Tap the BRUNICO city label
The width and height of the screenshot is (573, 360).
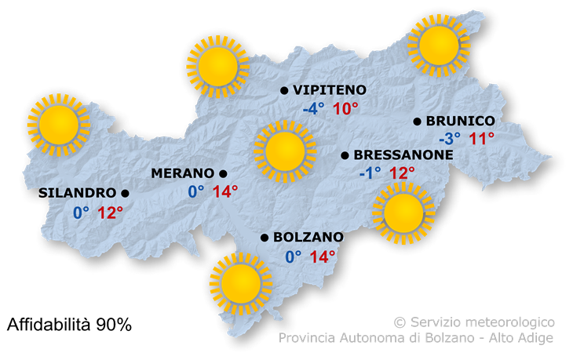(x=461, y=122)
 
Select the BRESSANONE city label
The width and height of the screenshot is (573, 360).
(x=403, y=155)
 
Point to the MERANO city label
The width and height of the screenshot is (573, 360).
(x=183, y=173)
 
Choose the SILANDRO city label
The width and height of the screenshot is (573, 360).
(x=77, y=193)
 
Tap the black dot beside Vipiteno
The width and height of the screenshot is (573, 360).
(x=284, y=91)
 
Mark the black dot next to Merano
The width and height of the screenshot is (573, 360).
(x=223, y=173)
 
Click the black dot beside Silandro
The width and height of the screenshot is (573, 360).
(x=125, y=193)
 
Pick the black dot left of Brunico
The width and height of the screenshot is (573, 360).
(x=418, y=122)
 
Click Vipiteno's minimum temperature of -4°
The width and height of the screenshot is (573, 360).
(x=313, y=109)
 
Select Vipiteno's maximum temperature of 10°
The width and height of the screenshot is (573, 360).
(x=345, y=109)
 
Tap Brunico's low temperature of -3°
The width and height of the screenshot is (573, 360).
(x=450, y=140)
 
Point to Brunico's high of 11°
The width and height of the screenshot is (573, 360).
(x=481, y=140)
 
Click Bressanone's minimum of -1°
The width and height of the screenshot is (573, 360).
(x=370, y=173)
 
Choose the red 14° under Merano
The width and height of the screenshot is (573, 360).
(x=224, y=191)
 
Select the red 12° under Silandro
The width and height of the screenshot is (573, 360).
(x=111, y=212)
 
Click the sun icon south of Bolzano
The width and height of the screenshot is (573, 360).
(x=235, y=283)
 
